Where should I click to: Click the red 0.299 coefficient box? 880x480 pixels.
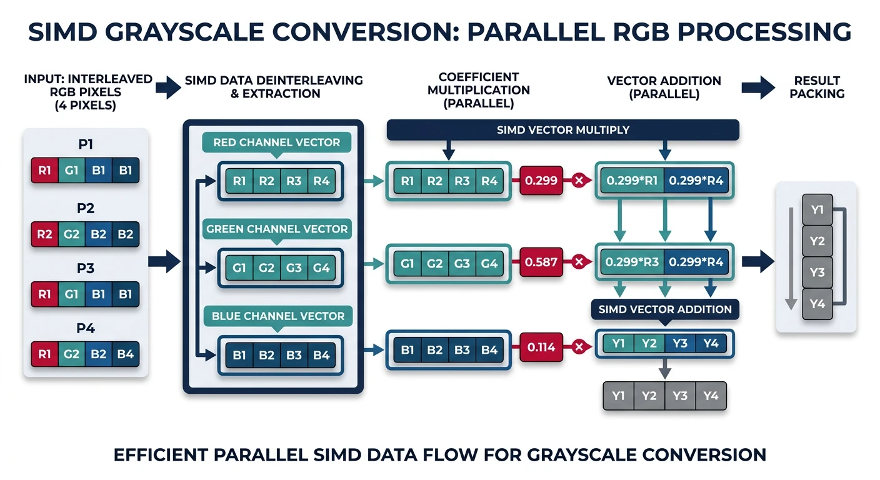point(541,181)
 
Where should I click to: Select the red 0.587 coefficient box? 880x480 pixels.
point(541,262)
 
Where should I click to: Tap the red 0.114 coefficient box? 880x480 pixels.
point(541,348)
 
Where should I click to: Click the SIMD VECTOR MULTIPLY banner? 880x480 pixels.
point(562,130)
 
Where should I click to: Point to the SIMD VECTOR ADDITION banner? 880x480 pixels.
point(665,309)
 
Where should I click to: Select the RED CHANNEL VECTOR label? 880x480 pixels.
point(276,142)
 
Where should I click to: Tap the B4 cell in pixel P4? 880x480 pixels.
point(126,353)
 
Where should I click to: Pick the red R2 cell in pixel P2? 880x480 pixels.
point(44,234)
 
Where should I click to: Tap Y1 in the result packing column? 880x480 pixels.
point(817,210)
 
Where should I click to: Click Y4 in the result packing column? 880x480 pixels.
point(817,304)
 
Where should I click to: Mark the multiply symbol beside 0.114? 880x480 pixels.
point(579,348)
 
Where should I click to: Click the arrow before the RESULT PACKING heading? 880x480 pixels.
point(757,87)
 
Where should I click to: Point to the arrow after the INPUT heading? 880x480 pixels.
point(168,87)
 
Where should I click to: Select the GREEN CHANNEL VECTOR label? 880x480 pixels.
point(276,229)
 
